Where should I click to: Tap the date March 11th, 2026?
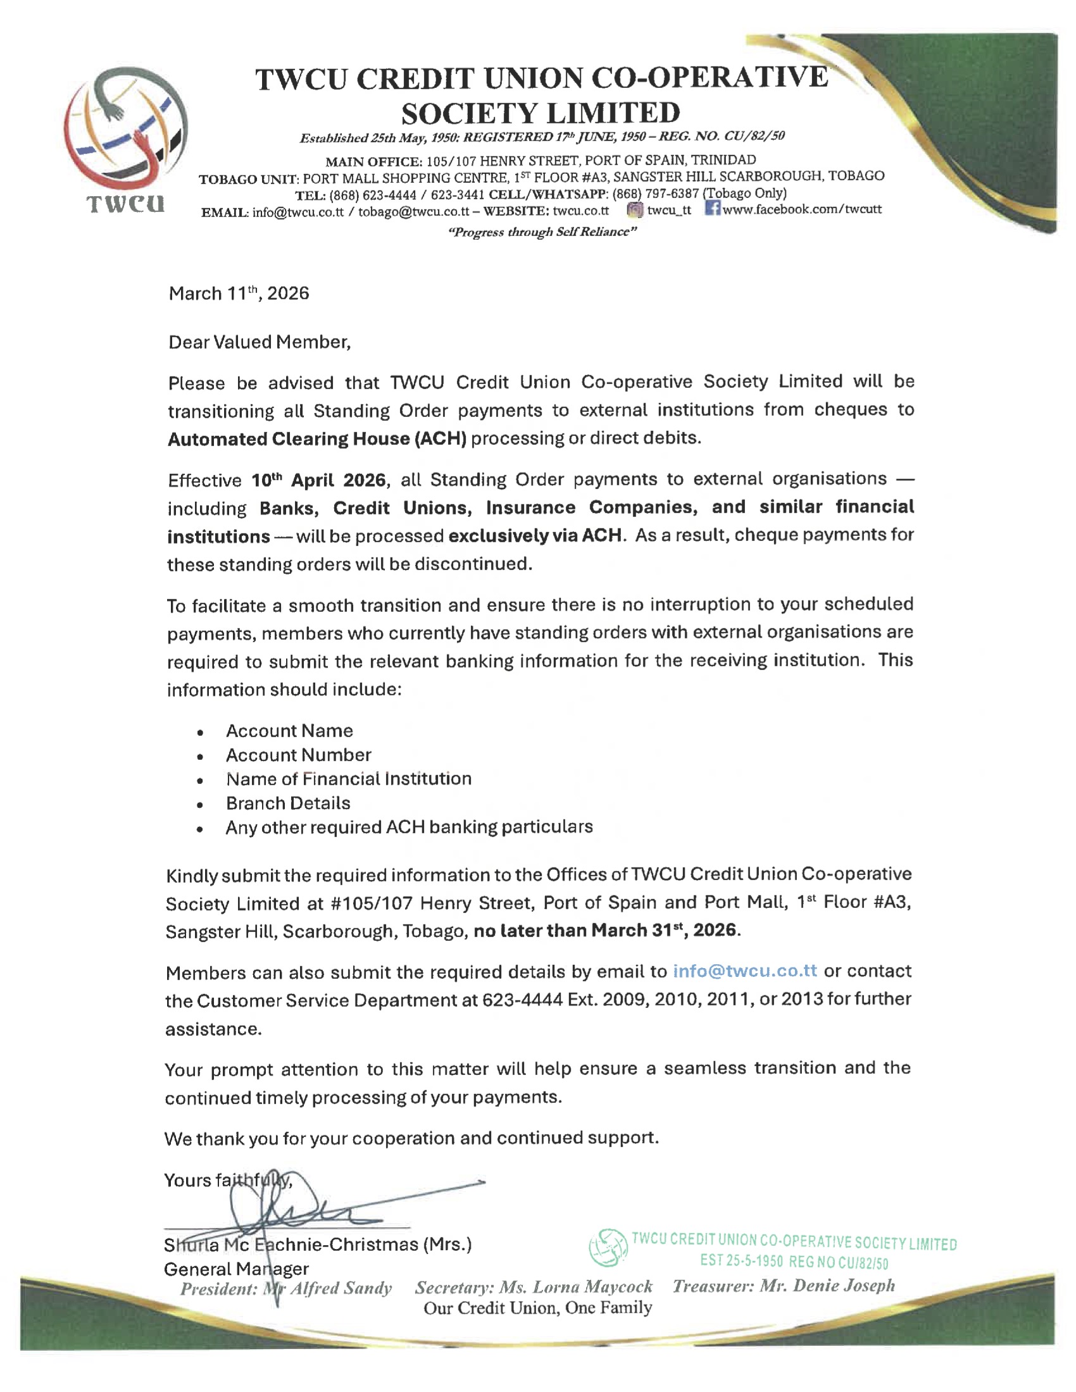(x=239, y=294)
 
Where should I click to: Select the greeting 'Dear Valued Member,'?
(x=260, y=342)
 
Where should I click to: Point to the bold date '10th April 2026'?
(x=319, y=480)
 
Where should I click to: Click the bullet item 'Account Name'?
(x=289, y=731)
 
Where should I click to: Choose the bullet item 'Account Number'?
(x=298, y=755)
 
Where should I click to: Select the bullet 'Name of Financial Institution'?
(x=349, y=779)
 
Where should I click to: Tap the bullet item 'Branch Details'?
(x=288, y=803)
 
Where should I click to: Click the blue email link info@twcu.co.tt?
(x=744, y=971)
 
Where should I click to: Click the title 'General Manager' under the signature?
(x=236, y=1269)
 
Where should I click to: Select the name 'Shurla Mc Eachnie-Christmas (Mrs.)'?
(x=318, y=1245)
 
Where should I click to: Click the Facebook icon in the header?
(x=712, y=208)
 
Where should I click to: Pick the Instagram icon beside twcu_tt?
(x=634, y=210)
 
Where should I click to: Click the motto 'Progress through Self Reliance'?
(x=542, y=232)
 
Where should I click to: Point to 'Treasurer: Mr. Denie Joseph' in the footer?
(x=784, y=1286)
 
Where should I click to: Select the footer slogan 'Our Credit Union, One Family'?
(x=537, y=1308)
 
